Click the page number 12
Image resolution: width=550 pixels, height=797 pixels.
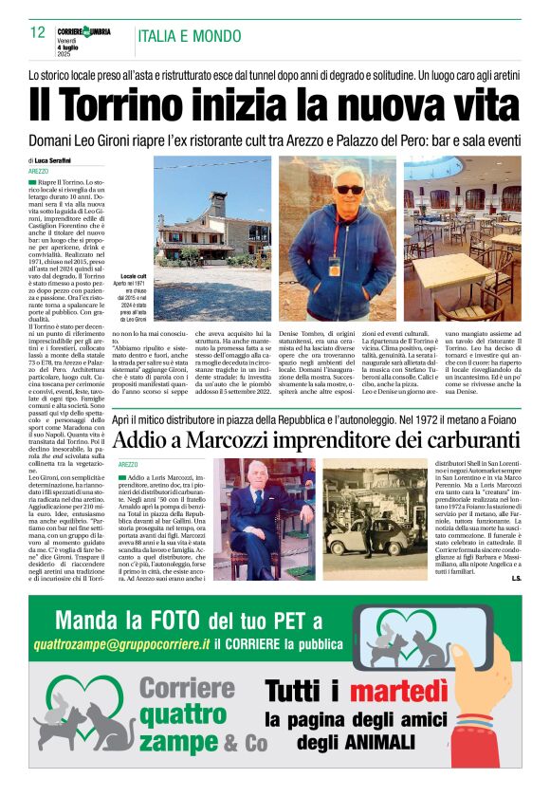[38, 32]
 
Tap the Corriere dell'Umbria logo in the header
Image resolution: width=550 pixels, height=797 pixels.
[86, 31]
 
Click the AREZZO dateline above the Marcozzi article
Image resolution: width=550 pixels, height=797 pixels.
[130, 464]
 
